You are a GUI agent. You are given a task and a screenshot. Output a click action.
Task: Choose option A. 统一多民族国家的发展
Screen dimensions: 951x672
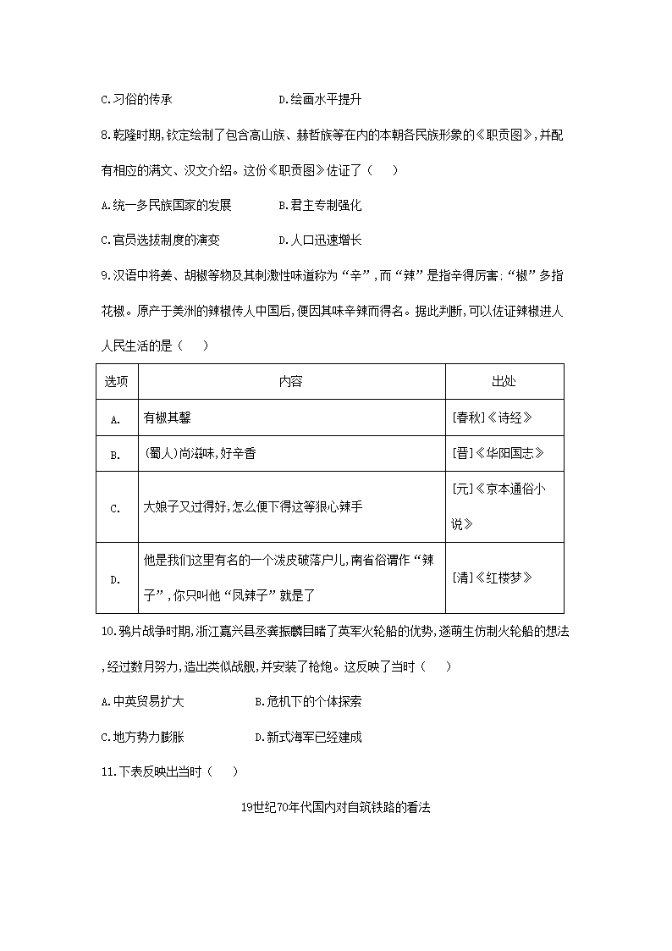166,205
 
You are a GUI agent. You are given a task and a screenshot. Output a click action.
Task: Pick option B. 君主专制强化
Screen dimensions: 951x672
320,205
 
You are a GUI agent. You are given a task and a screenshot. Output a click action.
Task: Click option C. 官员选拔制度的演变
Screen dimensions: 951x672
160,240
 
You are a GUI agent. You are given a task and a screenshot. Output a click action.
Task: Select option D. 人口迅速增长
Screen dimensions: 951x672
320,240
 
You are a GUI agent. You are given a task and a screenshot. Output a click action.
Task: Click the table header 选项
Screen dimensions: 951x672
116,381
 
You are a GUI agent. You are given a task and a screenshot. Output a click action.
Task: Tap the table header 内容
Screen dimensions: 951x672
291,381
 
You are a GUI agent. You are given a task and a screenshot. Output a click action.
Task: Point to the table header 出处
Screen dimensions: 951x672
504,381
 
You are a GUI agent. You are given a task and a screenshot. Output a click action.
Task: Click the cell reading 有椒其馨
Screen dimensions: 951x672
170,417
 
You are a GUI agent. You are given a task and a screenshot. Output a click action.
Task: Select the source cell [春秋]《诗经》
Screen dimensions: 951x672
493,417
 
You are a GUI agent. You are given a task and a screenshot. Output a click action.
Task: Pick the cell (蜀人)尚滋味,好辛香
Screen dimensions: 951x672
200,454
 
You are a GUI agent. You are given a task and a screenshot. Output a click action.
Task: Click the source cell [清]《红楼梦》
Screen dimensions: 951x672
493,578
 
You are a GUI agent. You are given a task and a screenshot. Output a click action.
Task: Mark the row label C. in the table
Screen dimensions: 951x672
116,507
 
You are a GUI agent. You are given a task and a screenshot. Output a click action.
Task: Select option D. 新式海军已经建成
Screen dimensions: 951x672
309,737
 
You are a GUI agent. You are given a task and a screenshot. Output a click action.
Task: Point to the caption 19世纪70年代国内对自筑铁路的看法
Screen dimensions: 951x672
336,807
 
